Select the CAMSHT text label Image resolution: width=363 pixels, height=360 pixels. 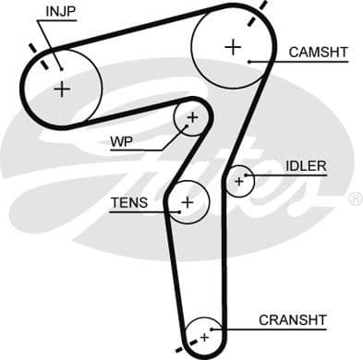tap(319, 52)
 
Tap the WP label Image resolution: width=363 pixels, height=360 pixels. tap(121, 142)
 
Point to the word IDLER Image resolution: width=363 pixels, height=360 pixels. tap(306, 166)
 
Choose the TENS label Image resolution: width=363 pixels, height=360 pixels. tap(127, 202)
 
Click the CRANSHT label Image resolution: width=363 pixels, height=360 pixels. tap(293, 320)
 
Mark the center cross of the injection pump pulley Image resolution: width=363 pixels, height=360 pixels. tap(61, 89)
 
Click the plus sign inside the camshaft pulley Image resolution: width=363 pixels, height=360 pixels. tap(232, 45)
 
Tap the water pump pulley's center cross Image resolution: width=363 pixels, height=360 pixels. tap(192, 117)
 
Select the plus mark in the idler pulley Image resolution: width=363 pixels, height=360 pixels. tap(239, 181)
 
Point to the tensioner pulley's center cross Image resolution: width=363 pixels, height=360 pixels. tap(188, 201)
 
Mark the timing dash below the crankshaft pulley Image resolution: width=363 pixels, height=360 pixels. tap(195, 352)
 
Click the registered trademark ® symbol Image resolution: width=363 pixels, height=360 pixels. tap(356, 198)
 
